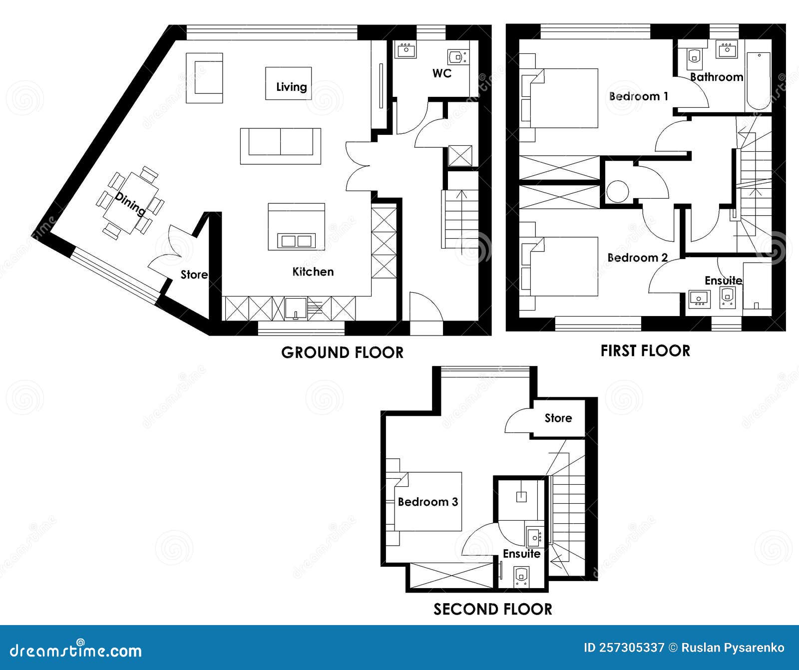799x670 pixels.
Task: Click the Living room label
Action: point(291,87)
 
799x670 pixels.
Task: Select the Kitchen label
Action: point(313,272)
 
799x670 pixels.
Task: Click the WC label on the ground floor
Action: point(441,73)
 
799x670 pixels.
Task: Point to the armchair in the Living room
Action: point(204,78)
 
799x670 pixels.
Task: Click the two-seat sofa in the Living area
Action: point(280,146)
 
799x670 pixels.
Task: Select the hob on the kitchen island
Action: point(297,241)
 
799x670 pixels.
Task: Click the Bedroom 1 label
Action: point(638,96)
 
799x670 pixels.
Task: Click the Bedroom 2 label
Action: point(637,258)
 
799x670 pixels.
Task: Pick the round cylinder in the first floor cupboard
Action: point(618,191)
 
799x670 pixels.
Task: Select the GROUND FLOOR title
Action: point(342,352)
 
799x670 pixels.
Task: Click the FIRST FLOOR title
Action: point(645,351)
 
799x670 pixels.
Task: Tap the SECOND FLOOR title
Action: point(492,609)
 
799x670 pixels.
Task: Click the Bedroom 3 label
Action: point(427,502)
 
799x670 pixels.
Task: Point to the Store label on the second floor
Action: point(558,418)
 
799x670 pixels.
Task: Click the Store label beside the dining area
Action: point(194,275)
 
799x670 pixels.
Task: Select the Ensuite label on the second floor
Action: point(521,554)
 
